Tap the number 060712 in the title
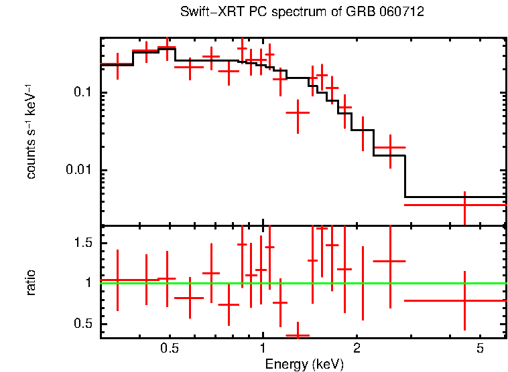point(403,13)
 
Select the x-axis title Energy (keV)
point(304,364)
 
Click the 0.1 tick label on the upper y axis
point(84,92)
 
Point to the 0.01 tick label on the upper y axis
point(80,170)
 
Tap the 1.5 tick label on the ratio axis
point(84,243)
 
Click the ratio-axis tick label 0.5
point(84,324)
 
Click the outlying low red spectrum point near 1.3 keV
point(298,113)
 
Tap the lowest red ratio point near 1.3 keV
point(298,335)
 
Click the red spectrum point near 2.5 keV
point(389,147)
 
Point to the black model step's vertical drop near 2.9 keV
point(405,176)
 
